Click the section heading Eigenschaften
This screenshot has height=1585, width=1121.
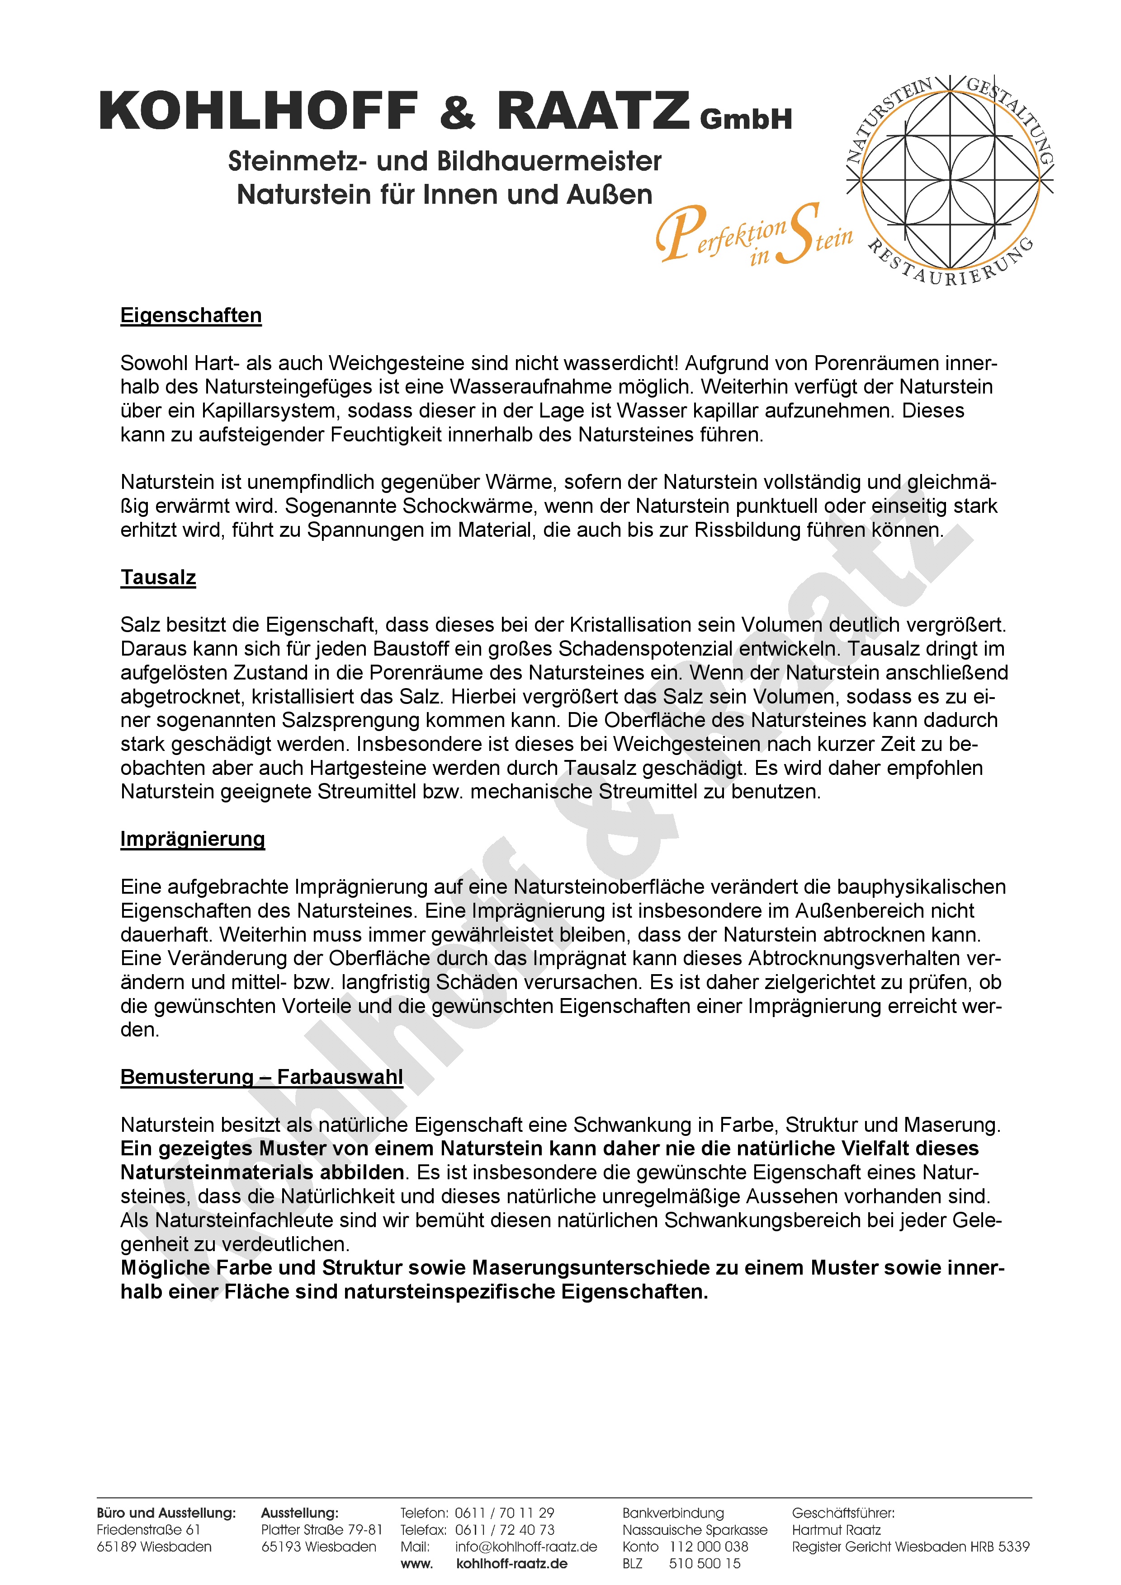pyautogui.click(x=191, y=315)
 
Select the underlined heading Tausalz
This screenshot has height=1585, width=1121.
pyautogui.click(x=158, y=577)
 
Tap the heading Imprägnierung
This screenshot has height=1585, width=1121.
pyautogui.click(x=192, y=839)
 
